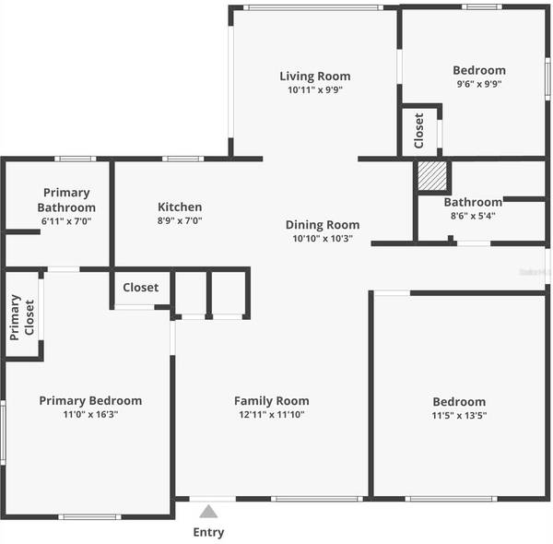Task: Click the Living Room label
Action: pyautogui.click(x=315, y=77)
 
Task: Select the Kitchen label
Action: pyautogui.click(x=180, y=207)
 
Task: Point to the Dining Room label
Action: pyautogui.click(x=323, y=225)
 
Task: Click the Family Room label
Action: pyautogui.click(x=271, y=401)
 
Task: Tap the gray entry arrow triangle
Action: pyautogui.click(x=209, y=511)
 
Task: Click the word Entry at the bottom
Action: pyautogui.click(x=208, y=532)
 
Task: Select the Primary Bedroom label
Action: pyautogui.click(x=90, y=401)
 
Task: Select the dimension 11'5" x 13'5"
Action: pyautogui.click(x=459, y=416)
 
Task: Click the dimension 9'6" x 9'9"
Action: pyautogui.click(x=478, y=85)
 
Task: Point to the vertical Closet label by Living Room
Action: pyautogui.click(x=418, y=131)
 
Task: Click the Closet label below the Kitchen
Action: pyautogui.click(x=140, y=288)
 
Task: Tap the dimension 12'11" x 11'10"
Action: pyautogui.click(x=271, y=415)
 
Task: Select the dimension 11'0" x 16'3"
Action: pyautogui.click(x=90, y=415)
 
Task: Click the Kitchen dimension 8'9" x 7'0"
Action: pyautogui.click(x=180, y=221)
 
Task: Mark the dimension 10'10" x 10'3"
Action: pyautogui.click(x=323, y=240)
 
